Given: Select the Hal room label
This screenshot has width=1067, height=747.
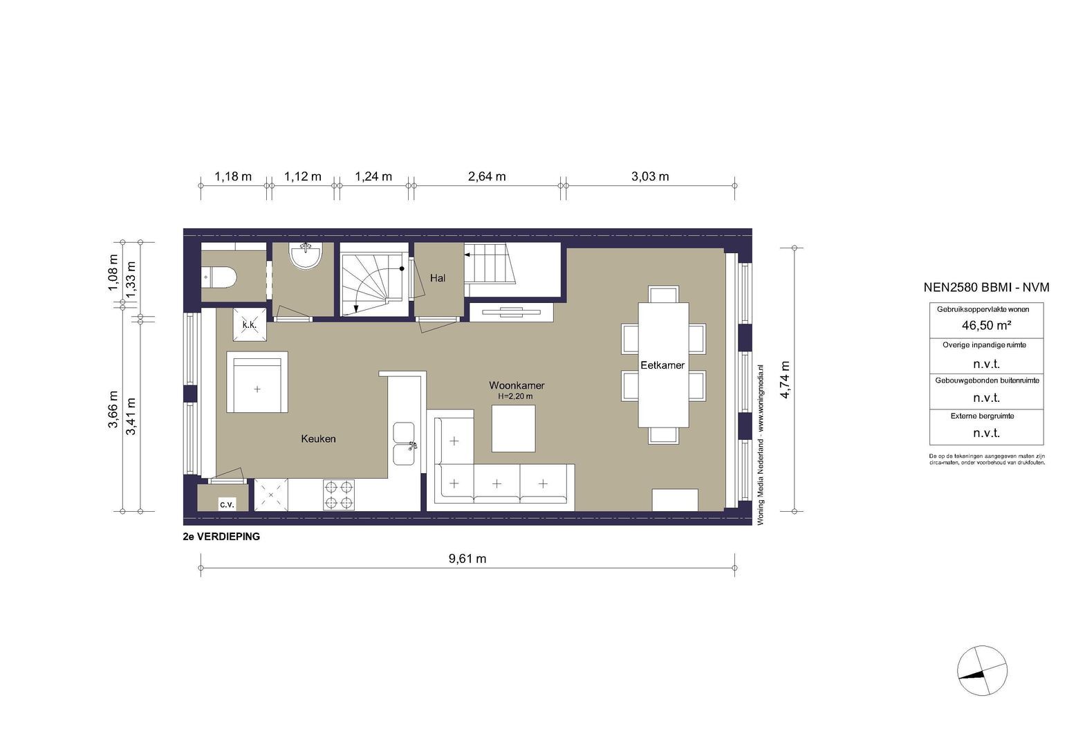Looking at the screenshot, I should (437, 278).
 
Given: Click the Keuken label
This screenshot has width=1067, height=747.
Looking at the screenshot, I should (318, 439).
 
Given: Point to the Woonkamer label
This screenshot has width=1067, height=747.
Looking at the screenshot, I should (516, 385).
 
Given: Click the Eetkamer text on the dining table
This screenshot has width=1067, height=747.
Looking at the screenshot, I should (662, 365).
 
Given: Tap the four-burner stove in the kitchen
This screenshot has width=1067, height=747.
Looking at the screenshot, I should (339, 495).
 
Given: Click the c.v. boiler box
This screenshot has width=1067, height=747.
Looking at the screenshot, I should (227, 504).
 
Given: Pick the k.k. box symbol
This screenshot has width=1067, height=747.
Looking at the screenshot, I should (249, 324).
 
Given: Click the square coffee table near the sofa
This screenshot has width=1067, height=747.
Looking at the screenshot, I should (513, 427).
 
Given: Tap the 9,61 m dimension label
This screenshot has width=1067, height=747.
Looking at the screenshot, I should (467, 559).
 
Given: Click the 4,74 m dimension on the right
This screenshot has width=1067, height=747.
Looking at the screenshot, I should (786, 380).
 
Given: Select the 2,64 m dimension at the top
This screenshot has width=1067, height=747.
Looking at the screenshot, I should (487, 176).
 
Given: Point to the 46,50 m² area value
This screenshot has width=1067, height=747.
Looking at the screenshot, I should (985, 325).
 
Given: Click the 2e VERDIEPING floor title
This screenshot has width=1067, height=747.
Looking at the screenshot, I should (221, 537).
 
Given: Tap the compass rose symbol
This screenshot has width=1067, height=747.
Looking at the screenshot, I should (982, 672).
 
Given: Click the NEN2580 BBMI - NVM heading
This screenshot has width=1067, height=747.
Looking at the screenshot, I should (986, 288).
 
